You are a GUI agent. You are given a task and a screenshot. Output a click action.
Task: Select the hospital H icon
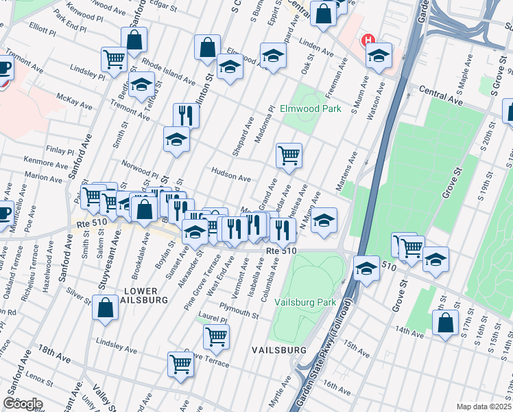coord(368,40)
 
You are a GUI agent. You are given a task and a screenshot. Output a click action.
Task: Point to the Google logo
coord(23,404)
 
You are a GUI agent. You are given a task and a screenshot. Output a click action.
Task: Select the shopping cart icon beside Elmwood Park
coord(289,154)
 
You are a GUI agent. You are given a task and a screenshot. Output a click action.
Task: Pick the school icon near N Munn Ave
coord(325,220)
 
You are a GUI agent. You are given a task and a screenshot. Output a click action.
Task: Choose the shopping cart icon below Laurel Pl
coord(216,336)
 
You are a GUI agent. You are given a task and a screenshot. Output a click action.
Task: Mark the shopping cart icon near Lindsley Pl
coord(113,58)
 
